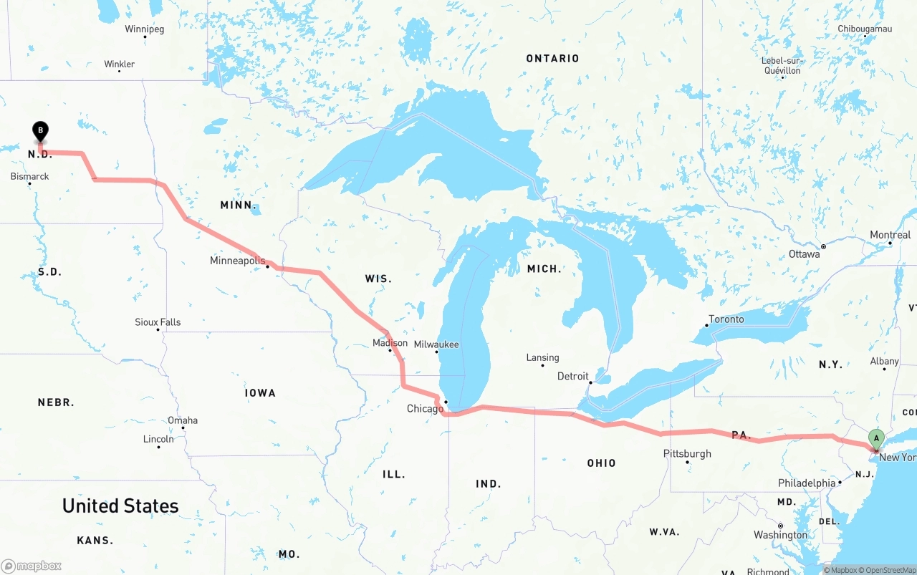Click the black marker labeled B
[x=41, y=132]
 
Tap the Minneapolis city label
[x=237, y=261]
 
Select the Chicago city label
[x=425, y=409]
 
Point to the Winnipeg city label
[x=144, y=29]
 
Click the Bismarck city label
[x=29, y=176]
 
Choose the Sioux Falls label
[x=158, y=322]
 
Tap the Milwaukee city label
[x=436, y=344]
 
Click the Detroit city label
[x=572, y=376]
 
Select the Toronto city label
[x=726, y=319]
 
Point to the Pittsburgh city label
[x=687, y=453]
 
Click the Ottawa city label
[x=804, y=254]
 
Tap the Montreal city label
[x=890, y=235]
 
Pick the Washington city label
[x=780, y=535]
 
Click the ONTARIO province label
[x=552, y=58]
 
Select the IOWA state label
[x=260, y=393]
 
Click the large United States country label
[x=120, y=506]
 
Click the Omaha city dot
[x=183, y=428]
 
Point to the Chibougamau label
[x=865, y=29]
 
